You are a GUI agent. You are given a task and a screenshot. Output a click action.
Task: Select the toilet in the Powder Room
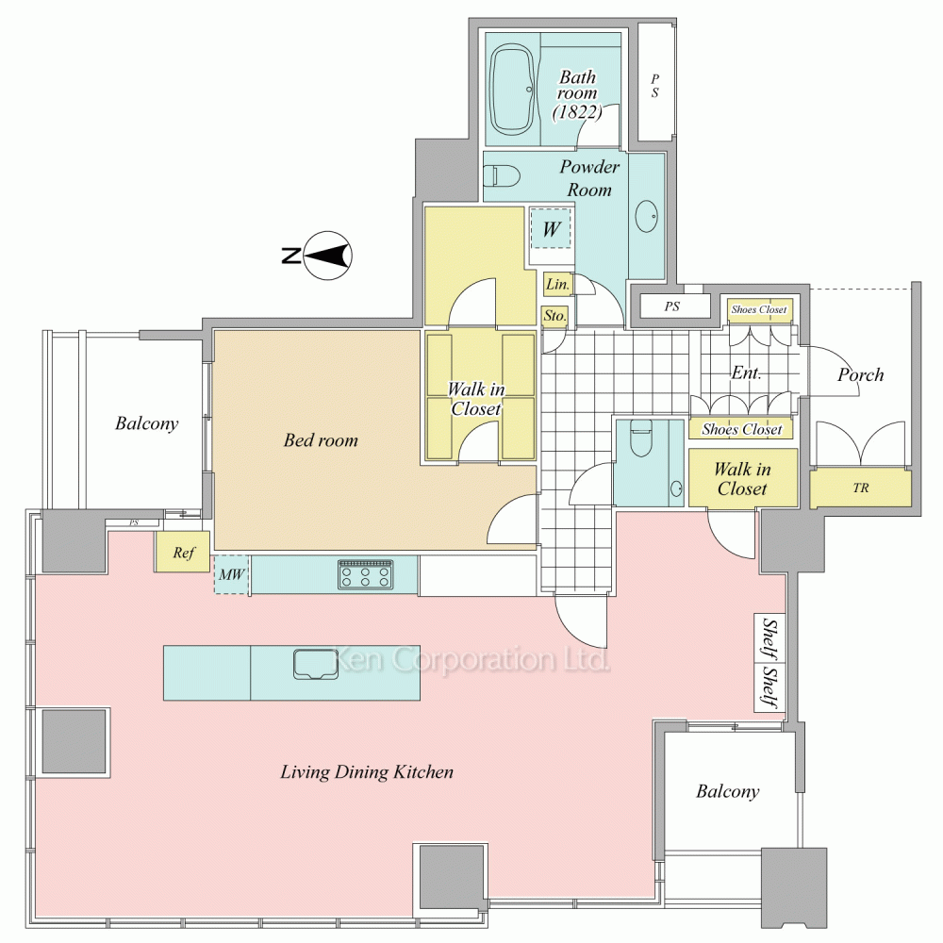pyautogui.click(x=501, y=175)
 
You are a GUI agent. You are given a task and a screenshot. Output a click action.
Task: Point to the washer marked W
pyautogui.click(x=551, y=228)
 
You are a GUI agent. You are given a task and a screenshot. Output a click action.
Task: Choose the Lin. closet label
pyautogui.click(x=557, y=284)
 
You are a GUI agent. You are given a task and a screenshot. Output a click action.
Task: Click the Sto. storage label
pyautogui.click(x=554, y=316)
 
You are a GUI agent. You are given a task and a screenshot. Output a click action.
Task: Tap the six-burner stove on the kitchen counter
pyautogui.click(x=366, y=574)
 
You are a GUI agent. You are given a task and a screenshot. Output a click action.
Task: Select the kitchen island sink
pyautogui.click(x=316, y=665)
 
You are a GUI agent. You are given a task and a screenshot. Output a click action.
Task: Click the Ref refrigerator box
pyautogui.click(x=183, y=552)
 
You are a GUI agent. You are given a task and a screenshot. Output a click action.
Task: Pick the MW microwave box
pyautogui.click(x=232, y=574)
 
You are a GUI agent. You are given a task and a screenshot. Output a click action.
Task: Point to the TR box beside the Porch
pyautogui.click(x=860, y=488)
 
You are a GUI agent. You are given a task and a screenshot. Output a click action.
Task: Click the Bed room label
pyautogui.click(x=321, y=440)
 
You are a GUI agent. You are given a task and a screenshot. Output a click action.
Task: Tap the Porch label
pyautogui.click(x=861, y=374)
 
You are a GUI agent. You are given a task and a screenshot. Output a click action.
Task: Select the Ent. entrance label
pyautogui.click(x=746, y=372)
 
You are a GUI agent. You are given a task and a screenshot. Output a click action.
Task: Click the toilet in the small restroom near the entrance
pyautogui.click(x=640, y=438)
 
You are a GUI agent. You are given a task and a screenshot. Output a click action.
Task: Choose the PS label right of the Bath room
pyautogui.click(x=654, y=86)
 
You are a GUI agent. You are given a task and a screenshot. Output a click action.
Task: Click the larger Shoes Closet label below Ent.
pyautogui.click(x=741, y=429)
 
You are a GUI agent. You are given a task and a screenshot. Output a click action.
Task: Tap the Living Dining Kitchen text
pyautogui.click(x=367, y=772)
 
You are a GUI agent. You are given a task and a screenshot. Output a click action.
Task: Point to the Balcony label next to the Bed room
pyautogui.click(x=147, y=423)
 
